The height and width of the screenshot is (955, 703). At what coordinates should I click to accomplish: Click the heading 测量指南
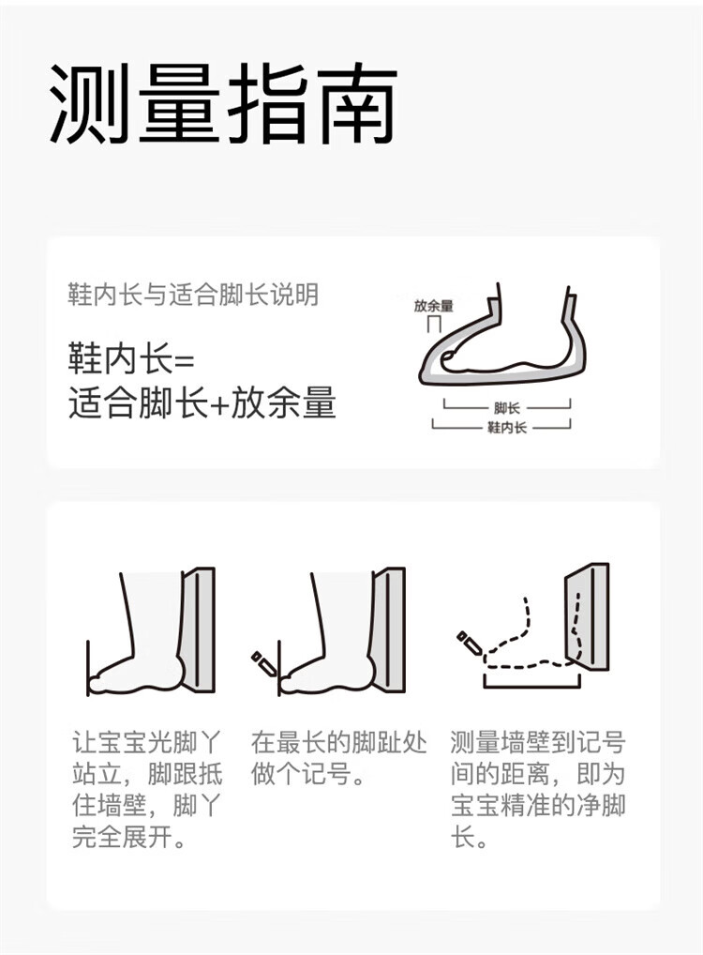pos(223,103)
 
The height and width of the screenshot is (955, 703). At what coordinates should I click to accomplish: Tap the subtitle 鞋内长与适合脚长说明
pos(193,295)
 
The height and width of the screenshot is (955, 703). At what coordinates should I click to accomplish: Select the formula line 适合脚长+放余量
pos(202,402)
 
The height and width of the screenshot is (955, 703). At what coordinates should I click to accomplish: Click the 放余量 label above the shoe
pos(433,306)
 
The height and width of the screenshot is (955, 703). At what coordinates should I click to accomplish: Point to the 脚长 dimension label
pos(506,408)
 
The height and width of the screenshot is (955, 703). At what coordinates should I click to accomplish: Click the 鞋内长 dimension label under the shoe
pos(506,428)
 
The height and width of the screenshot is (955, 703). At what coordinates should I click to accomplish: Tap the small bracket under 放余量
pos(433,324)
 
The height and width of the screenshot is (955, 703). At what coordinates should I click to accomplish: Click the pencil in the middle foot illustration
pos(263,662)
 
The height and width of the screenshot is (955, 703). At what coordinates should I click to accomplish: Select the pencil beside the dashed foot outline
pos(470,642)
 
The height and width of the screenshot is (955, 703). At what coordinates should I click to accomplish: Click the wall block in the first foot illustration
pos(197,629)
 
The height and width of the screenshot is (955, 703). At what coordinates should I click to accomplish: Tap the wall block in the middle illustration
pos(388,629)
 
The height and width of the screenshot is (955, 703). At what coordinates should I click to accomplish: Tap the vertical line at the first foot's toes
pos(88,668)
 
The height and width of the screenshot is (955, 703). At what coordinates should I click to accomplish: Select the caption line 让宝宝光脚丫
pos(146,742)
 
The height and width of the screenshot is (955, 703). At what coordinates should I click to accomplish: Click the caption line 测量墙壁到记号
pos(538,742)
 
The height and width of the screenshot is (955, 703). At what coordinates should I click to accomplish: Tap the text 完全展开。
pos(128,837)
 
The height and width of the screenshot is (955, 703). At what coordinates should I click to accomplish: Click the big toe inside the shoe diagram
pos(450,357)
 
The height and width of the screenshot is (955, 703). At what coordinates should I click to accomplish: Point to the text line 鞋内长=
pos(131,360)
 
